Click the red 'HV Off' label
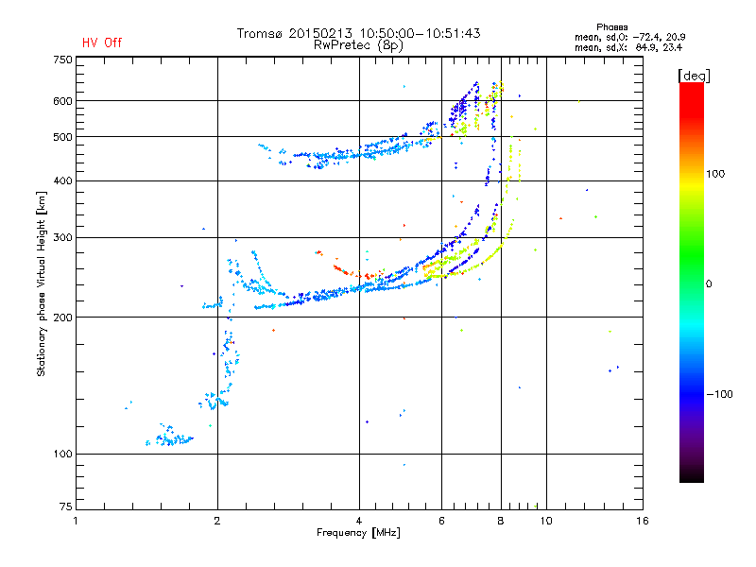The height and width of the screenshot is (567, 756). point(102,43)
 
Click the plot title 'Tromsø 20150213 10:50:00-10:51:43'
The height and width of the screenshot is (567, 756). point(358,33)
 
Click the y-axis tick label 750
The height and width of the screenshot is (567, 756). point(62,59)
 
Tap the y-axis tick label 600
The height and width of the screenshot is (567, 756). point(62,101)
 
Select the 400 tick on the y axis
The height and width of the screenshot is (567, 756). point(62,181)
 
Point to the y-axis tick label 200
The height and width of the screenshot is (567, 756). point(62,318)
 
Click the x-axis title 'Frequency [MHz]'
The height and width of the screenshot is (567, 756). point(358,534)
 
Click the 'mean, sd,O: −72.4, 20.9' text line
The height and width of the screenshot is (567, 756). point(628,37)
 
